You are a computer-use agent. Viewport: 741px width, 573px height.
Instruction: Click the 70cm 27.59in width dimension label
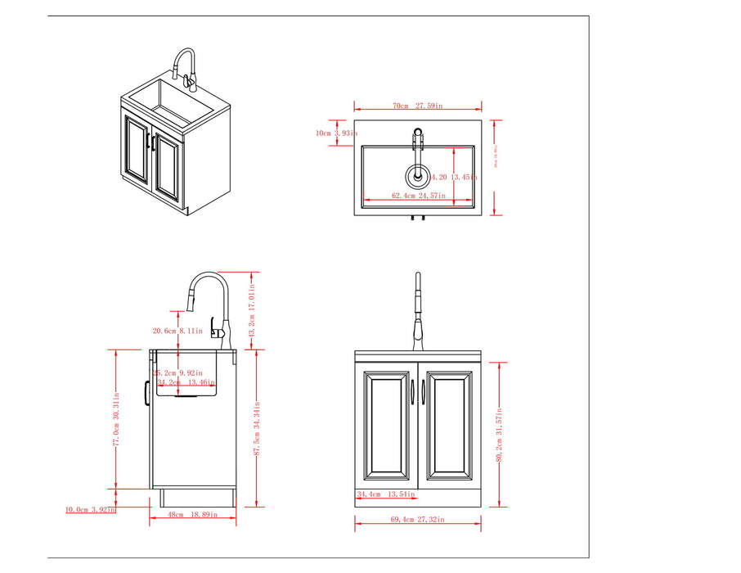tap(417, 106)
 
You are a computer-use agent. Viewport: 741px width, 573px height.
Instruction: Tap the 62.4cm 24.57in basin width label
tap(417, 196)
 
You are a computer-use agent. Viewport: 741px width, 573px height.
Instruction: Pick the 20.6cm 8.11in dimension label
tap(179, 331)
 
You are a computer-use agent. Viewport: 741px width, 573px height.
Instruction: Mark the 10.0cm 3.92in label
tap(91, 509)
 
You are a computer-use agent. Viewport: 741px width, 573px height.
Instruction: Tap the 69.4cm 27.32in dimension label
tap(417, 519)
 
